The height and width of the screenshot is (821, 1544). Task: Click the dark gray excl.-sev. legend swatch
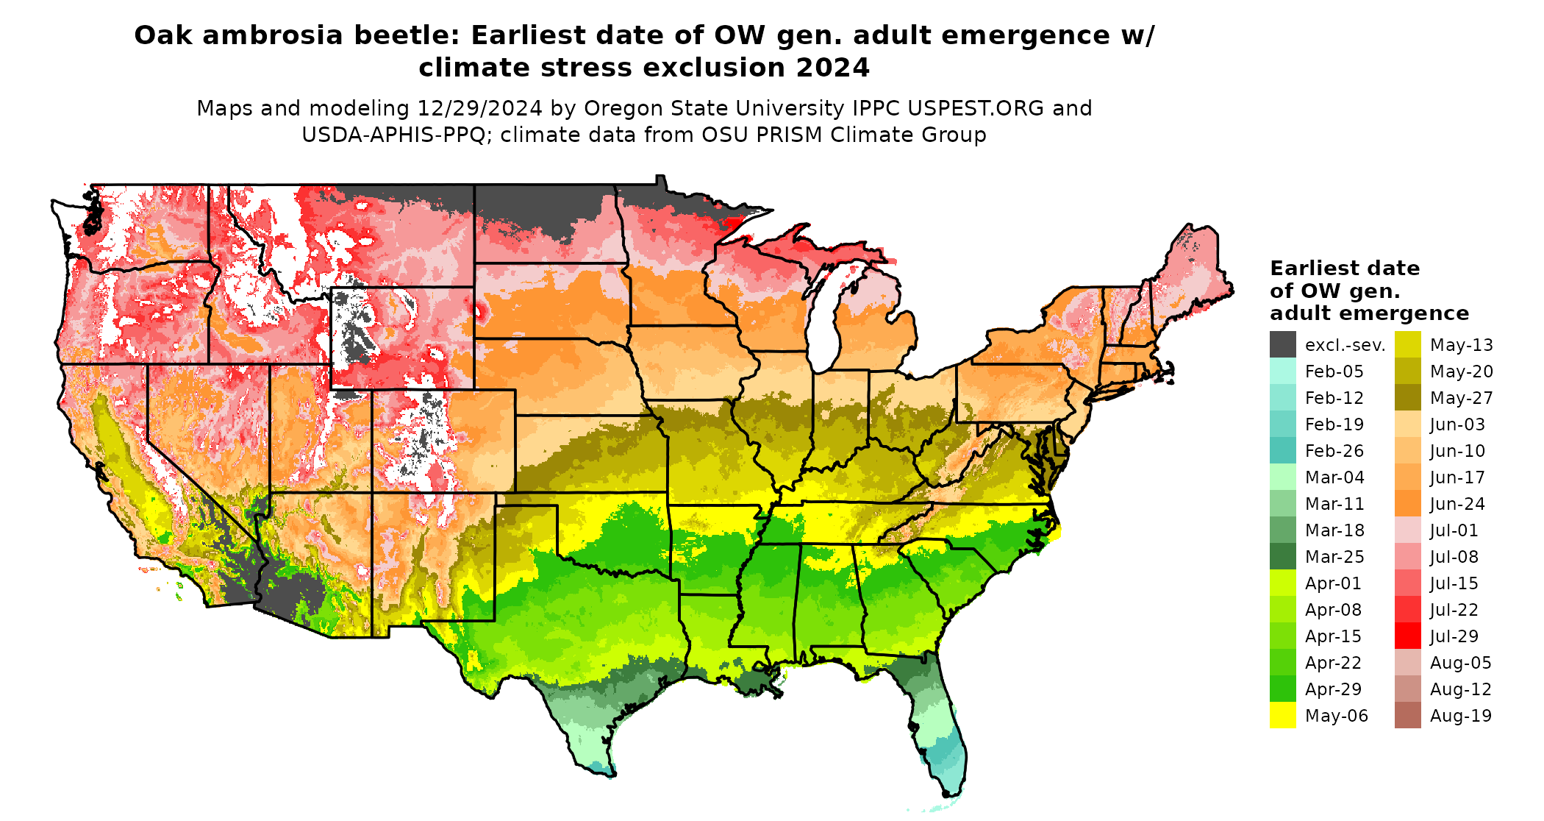click(1282, 344)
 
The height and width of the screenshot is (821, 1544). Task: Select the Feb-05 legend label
click(1334, 372)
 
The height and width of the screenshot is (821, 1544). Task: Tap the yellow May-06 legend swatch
click(1282, 716)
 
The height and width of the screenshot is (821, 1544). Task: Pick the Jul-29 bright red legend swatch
click(1407, 636)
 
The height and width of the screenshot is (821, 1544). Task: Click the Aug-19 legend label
click(1460, 716)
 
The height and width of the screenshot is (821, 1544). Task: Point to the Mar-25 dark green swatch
click(1282, 557)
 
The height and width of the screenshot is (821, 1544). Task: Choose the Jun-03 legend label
click(1457, 424)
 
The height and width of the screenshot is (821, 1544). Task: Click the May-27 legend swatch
click(1407, 398)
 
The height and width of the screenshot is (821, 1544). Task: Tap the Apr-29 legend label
click(1333, 689)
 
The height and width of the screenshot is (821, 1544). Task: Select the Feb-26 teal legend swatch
click(1282, 451)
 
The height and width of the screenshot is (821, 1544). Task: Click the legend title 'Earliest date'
click(1344, 269)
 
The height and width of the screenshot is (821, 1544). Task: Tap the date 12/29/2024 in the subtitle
click(479, 109)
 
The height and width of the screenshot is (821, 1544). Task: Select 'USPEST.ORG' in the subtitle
click(976, 109)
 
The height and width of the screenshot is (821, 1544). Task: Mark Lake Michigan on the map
click(823, 324)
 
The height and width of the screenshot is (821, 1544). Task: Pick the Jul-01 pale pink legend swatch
click(1407, 530)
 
